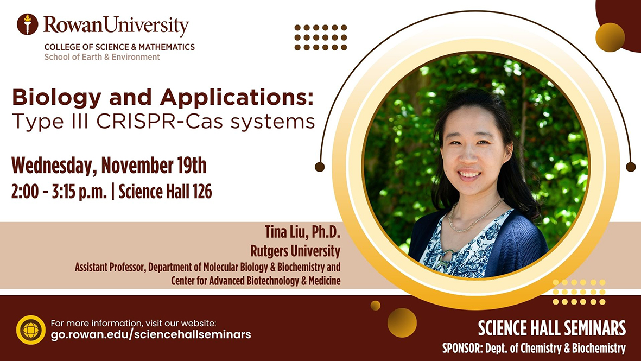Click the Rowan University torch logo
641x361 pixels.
click(27, 24)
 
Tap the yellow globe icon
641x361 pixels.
click(30, 330)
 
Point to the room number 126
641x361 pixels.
click(202, 191)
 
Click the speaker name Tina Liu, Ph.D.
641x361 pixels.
click(302, 232)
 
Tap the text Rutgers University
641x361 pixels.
click(295, 251)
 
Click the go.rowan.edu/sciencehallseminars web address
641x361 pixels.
click(151, 334)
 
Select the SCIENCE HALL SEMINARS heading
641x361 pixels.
click(551, 328)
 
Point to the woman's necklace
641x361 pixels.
click(474, 216)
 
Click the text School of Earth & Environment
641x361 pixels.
click(102, 57)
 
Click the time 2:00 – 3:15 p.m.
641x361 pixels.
click(59, 191)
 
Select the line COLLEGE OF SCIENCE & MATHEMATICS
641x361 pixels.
click(119, 47)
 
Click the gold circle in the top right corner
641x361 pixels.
click(610, 37)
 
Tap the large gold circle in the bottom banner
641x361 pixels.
click(402, 322)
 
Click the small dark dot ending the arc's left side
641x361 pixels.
click(320, 167)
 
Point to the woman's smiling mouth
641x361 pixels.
click(469, 175)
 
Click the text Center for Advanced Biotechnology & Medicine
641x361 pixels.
click(256, 281)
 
